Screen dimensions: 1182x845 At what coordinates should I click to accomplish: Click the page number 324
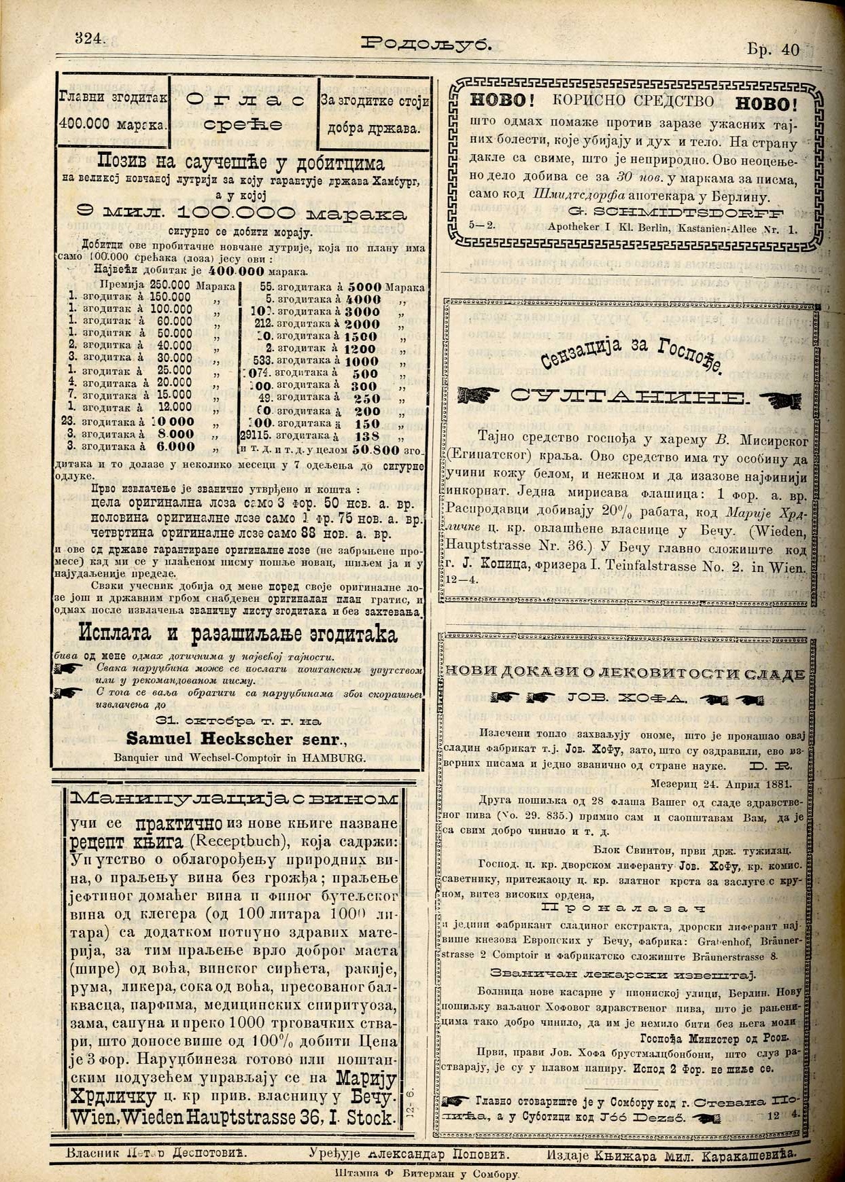pyautogui.click(x=89, y=38)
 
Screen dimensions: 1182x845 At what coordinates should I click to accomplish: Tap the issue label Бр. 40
pyautogui.click(x=773, y=50)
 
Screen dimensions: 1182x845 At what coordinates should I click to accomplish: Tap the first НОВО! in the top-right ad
pyautogui.click(x=499, y=101)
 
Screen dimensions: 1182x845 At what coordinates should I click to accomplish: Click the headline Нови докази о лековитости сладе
pyautogui.click(x=624, y=673)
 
